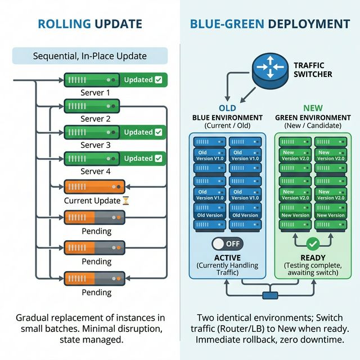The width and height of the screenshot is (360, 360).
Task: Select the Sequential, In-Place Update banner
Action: tap(90, 56)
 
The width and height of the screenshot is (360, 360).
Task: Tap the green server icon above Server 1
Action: tap(91, 80)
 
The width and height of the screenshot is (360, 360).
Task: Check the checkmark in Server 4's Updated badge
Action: tap(158, 158)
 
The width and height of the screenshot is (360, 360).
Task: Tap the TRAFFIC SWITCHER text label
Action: tap(313, 70)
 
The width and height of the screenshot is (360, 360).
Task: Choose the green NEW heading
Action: tap(313, 108)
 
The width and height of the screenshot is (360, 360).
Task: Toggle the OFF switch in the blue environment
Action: tap(227, 244)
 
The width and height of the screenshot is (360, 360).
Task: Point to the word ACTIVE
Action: tap(227, 257)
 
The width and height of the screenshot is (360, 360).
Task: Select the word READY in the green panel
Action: tap(313, 257)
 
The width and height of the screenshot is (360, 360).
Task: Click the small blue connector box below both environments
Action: tap(271, 295)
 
